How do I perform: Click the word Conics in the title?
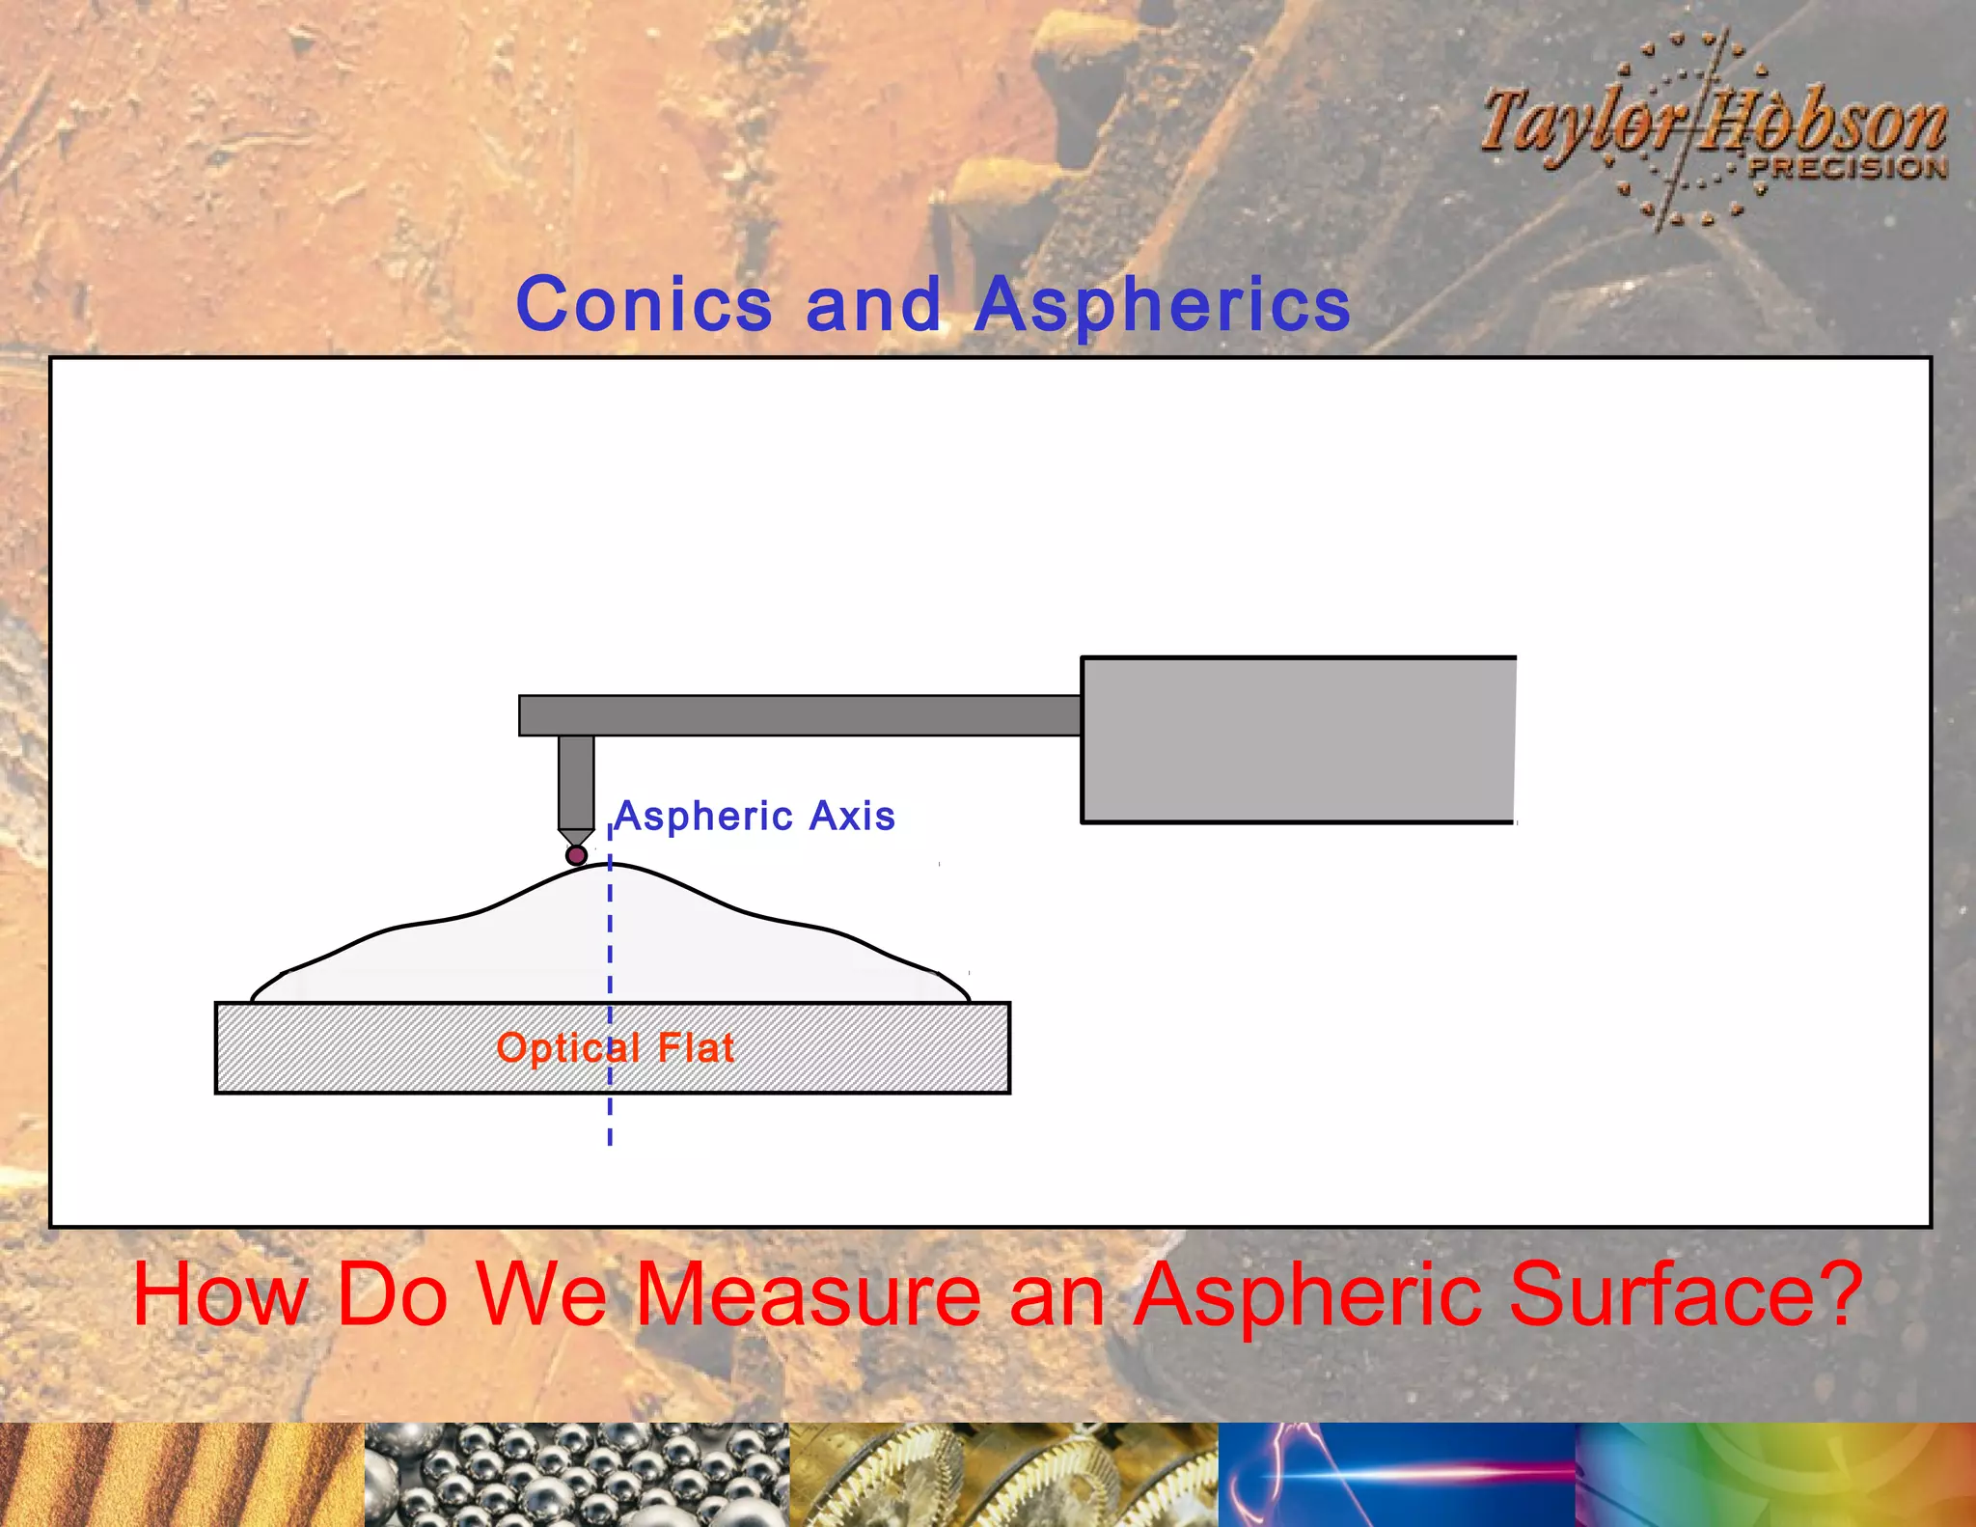tap(644, 304)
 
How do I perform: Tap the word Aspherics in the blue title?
tap(1162, 305)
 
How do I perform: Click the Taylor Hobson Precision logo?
tap(1713, 130)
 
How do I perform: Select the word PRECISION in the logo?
tap(1847, 167)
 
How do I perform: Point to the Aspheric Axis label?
tap(755, 817)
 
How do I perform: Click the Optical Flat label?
tap(616, 1048)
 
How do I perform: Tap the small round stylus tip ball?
tap(576, 855)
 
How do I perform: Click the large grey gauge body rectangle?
tap(1298, 739)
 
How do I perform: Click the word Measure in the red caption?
tap(809, 1295)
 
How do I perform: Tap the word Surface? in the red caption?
tap(1685, 1295)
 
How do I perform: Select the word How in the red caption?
tap(219, 1295)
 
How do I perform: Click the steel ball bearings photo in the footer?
tap(576, 1475)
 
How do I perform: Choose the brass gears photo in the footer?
tap(1003, 1475)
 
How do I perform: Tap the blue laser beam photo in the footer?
tap(1396, 1475)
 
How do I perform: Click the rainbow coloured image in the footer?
tap(1775, 1475)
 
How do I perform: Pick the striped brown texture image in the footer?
tap(181, 1475)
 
